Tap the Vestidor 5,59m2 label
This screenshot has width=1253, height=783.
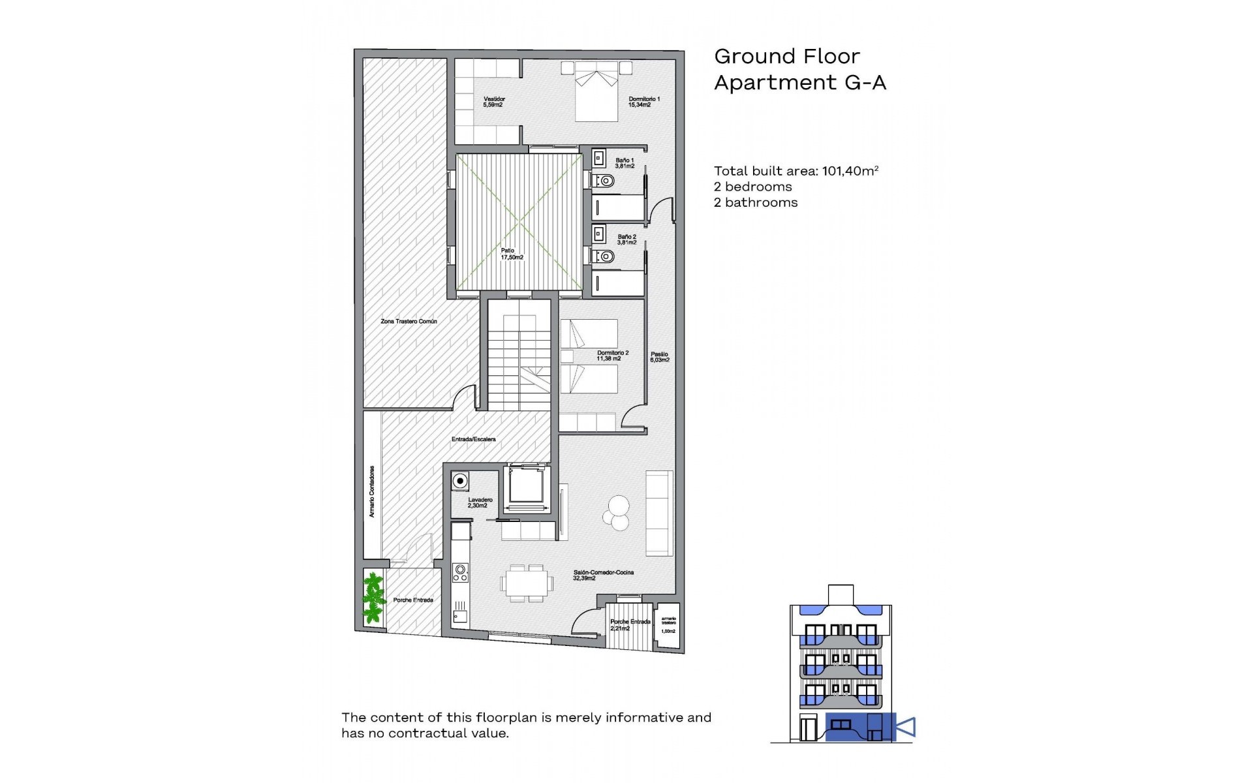(x=494, y=102)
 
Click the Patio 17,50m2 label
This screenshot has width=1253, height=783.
(x=511, y=254)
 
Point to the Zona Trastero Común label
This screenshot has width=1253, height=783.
(x=409, y=322)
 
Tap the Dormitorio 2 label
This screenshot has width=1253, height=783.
(x=611, y=356)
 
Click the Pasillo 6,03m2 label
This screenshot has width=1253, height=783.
(x=659, y=357)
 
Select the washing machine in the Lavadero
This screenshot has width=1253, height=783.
(x=460, y=482)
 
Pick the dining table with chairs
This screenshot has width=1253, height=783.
(x=526, y=583)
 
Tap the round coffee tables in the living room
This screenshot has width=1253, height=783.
(x=616, y=513)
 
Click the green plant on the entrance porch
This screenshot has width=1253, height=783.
(x=373, y=597)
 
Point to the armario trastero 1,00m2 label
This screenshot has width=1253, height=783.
(x=669, y=624)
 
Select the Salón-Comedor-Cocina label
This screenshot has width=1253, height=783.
(x=603, y=575)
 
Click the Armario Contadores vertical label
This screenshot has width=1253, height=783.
(x=372, y=492)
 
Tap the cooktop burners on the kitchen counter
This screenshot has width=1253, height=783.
(x=460, y=573)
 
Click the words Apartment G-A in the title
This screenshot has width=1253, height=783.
(x=799, y=83)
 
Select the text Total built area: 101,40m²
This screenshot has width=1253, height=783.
(x=796, y=171)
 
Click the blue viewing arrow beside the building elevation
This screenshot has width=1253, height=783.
(x=906, y=727)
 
